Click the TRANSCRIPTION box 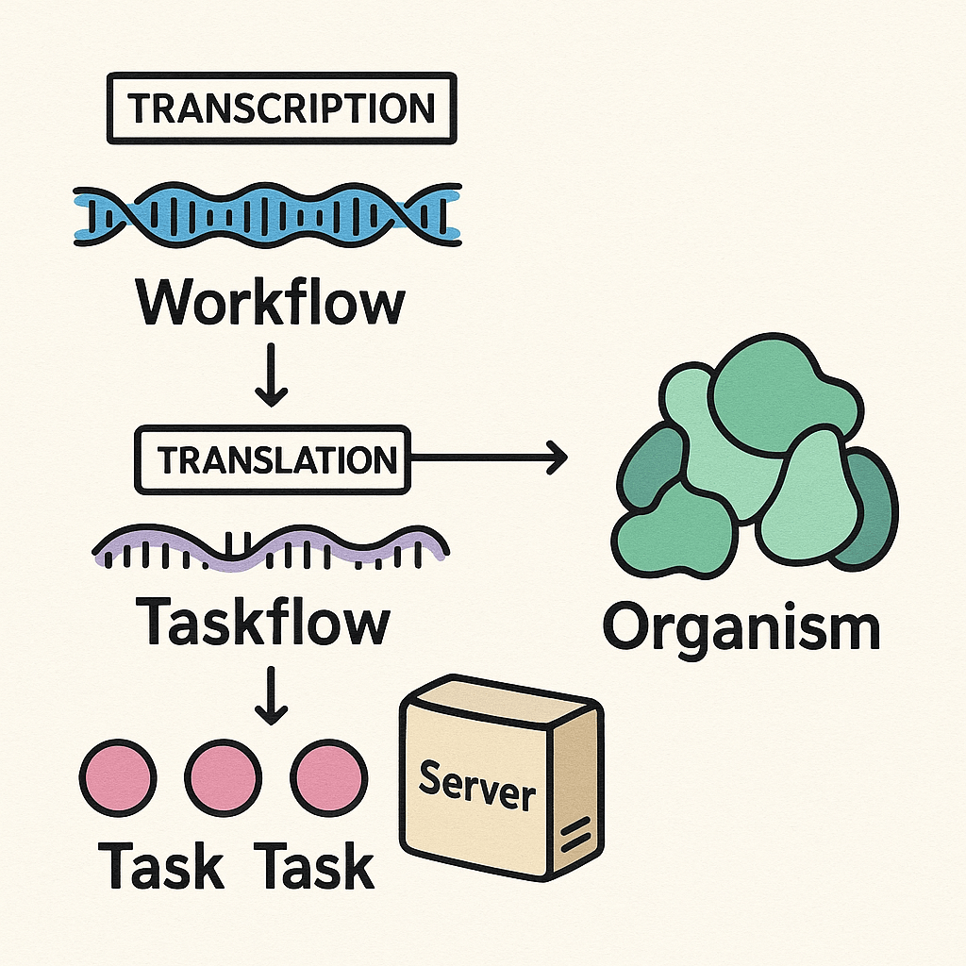[x=282, y=108]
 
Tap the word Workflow [x=271, y=304]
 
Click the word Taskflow [x=263, y=622]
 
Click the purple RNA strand [x=271, y=548]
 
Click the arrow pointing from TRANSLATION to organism [x=491, y=458]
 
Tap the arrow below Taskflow [x=272, y=698]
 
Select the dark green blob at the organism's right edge [x=874, y=509]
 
